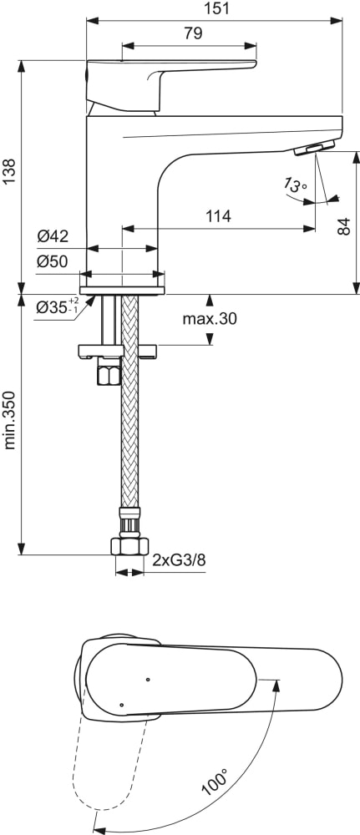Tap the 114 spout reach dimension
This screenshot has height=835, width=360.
click(x=218, y=215)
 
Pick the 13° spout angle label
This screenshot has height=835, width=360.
click(x=295, y=185)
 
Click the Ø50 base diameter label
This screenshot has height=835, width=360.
click(x=52, y=262)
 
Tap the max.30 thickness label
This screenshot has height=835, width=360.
click(x=210, y=318)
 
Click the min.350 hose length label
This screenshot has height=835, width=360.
click(x=10, y=429)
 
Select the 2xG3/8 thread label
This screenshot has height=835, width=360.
click(x=179, y=561)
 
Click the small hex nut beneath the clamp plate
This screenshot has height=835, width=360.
click(x=109, y=374)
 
